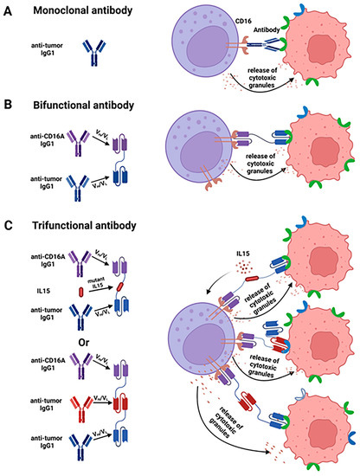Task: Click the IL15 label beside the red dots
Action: pos(243,257)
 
